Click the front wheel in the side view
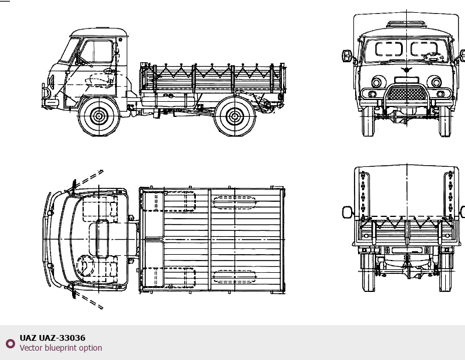(99, 116)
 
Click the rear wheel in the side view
(235, 116)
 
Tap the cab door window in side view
(96, 51)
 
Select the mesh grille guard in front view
(406, 93)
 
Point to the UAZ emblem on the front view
(406, 70)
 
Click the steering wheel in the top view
(85, 266)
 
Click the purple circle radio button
(10, 343)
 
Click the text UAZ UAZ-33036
(52, 338)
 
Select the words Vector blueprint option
(61, 348)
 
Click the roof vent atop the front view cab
(406, 24)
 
